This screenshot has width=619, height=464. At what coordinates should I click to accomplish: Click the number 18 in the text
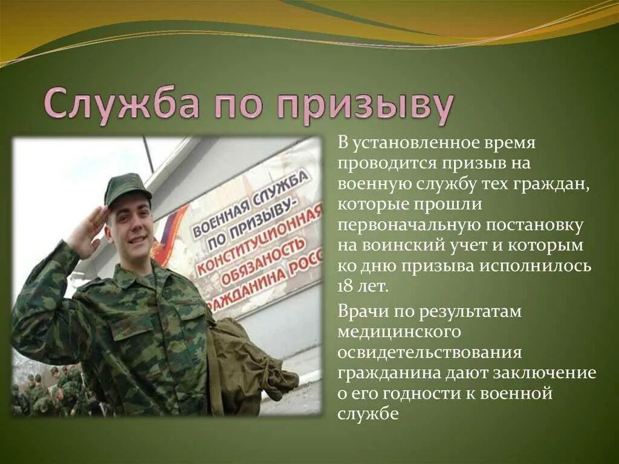tap(346, 286)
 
